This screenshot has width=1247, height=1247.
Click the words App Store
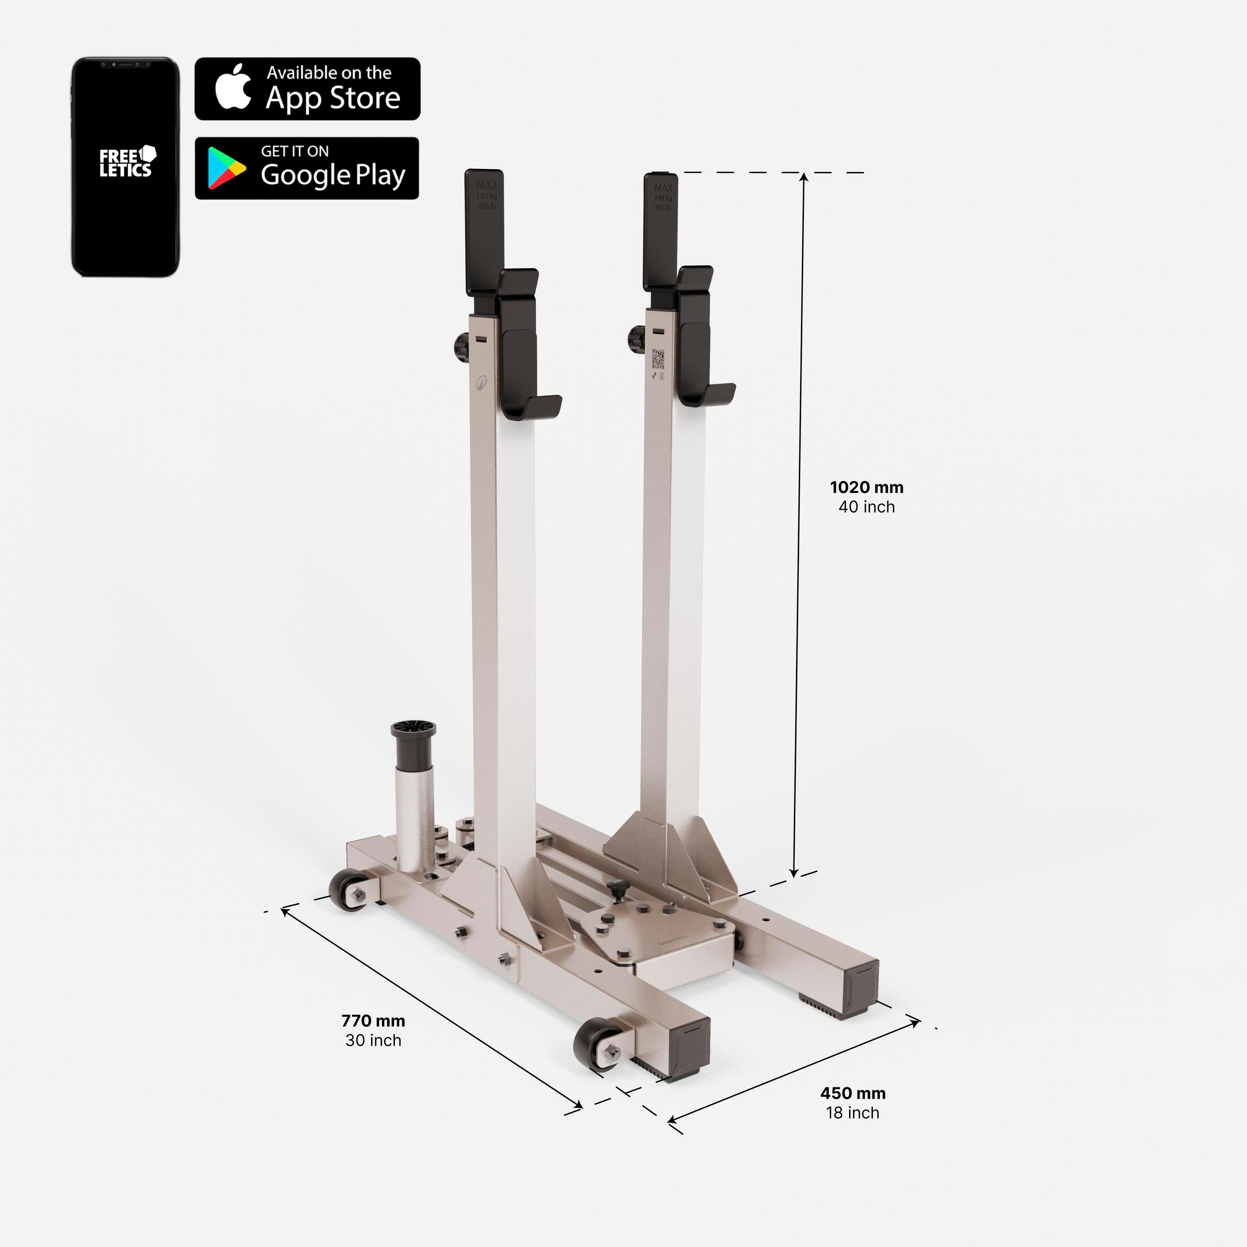(x=333, y=98)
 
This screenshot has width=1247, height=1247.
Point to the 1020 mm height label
(x=866, y=487)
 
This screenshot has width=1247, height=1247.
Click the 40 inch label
(x=866, y=507)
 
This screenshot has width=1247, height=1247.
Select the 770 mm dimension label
(x=373, y=1020)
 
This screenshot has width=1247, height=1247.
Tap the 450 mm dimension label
(x=853, y=1093)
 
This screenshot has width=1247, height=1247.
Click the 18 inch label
(x=853, y=1112)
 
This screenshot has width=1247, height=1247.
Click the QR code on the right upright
(x=658, y=358)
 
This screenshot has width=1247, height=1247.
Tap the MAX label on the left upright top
(x=486, y=185)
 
